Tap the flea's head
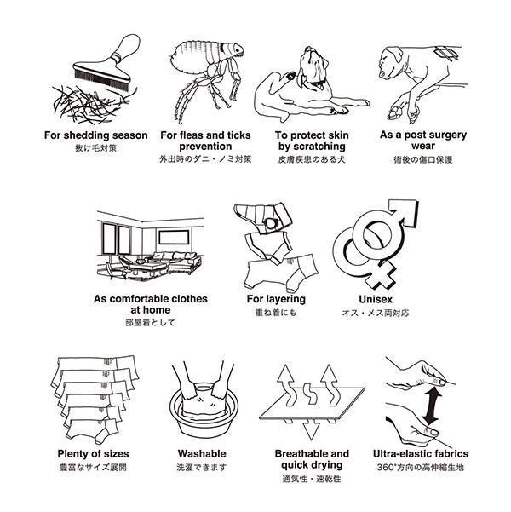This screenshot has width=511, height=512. coord(236,50)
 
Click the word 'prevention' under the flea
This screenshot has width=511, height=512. coord(205,147)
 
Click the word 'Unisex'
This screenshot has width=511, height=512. coord(376,299)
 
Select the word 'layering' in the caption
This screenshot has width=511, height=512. coord(285,299)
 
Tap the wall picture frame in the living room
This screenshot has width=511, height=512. coord(174,237)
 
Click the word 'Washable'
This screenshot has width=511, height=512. coord(202,453)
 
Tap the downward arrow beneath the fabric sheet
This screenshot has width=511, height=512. coord(311,429)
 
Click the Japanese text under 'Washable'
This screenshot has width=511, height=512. coord(202,468)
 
